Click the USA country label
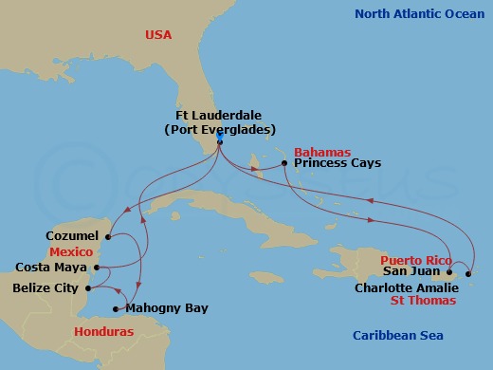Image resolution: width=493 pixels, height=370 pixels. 158,34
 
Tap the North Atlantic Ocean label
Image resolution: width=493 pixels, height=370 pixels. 417,13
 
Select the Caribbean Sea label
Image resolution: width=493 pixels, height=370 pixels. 397,335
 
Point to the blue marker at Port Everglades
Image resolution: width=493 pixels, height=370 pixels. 219,138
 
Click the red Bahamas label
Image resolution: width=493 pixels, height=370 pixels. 322,151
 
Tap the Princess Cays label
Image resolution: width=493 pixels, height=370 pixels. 338,163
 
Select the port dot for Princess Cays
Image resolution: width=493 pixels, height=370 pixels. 285,163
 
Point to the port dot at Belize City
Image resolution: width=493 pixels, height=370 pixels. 87,288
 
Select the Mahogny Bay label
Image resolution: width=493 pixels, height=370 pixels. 168,308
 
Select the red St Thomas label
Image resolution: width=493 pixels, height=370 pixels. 424,300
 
